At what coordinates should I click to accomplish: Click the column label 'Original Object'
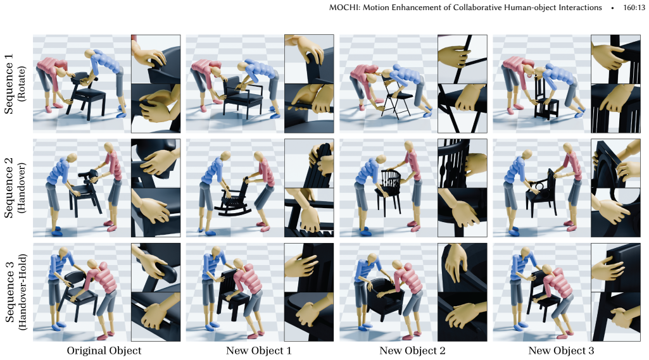[104, 351]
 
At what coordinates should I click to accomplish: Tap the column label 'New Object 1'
[259, 351]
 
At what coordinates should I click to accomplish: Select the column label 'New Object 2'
[412, 351]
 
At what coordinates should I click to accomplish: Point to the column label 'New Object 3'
[561, 351]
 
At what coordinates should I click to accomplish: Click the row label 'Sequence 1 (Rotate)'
[15, 84]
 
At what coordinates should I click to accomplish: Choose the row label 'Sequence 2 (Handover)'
[15, 187]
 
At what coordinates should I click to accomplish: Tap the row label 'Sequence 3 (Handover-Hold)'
[15, 292]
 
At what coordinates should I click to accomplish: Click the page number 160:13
[634, 8]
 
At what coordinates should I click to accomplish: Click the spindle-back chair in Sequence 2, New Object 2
[388, 191]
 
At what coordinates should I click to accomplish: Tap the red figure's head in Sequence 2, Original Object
[108, 148]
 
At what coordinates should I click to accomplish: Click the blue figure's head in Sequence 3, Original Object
[63, 252]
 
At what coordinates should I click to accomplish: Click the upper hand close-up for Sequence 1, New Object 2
[462, 59]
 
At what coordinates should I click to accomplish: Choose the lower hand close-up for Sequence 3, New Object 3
[615, 316]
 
